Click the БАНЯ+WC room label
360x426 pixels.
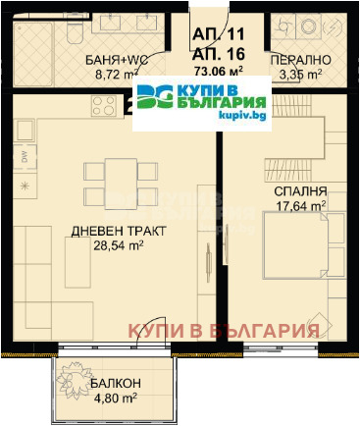click(115, 58)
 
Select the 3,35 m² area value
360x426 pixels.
click(302, 73)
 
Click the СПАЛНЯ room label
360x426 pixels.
click(301, 191)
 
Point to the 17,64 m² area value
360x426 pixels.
click(301, 206)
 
